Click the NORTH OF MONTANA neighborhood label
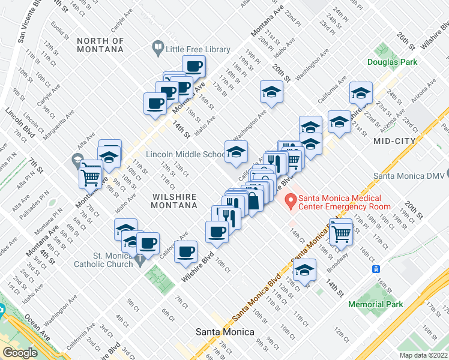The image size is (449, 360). pos(100,46)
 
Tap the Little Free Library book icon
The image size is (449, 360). pos(157,46)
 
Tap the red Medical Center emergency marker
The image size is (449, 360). pos(291,201)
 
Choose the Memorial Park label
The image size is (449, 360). pos(376,304)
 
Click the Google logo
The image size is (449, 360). pos(20,352)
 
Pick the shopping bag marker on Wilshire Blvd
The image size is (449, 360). pos(253,200)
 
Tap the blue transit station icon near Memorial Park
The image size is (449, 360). pos(376,268)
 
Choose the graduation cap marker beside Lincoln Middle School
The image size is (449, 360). pos(236,152)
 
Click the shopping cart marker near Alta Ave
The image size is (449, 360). pos(90,176)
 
